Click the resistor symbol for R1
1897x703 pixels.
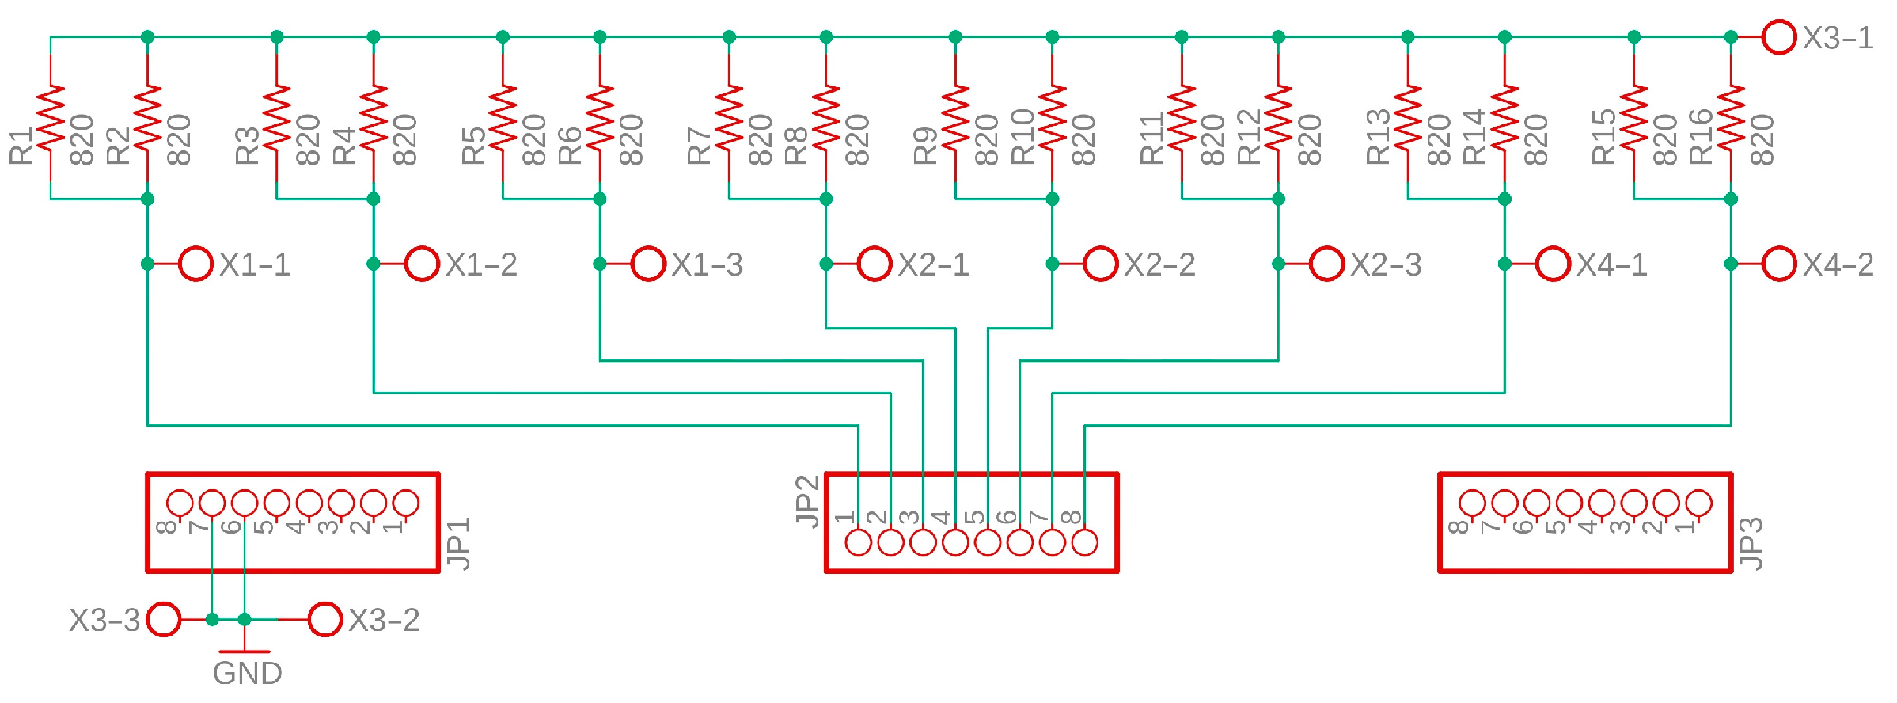click(x=51, y=117)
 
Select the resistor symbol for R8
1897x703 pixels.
click(x=826, y=117)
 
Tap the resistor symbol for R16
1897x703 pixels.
click(x=1731, y=117)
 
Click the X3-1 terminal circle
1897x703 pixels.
click(x=1779, y=37)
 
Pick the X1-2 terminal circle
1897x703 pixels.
click(x=422, y=264)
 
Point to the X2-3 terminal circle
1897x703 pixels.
click(x=1327, y=264)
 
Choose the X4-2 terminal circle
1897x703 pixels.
click(x=1779, y=264)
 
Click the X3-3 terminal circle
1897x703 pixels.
click(x=164, y=619)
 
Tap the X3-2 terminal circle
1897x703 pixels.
click(x=324, y=619)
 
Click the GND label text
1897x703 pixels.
click(x=247, y=674)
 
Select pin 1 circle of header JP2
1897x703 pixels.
click(x=859, y=542)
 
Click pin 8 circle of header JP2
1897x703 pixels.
click(x=1084, y=542)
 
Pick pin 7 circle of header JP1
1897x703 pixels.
click(x=212, y=503)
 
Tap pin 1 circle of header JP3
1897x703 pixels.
click(x=1698, y=503)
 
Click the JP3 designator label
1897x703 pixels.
click(x=1751, y=543)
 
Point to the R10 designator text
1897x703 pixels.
click(x=1022, y=137)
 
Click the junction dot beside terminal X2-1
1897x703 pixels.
click(x=826, y=264)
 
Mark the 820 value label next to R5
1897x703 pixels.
click(x=534, y=140)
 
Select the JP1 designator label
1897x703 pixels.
click(x=459, y=543)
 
